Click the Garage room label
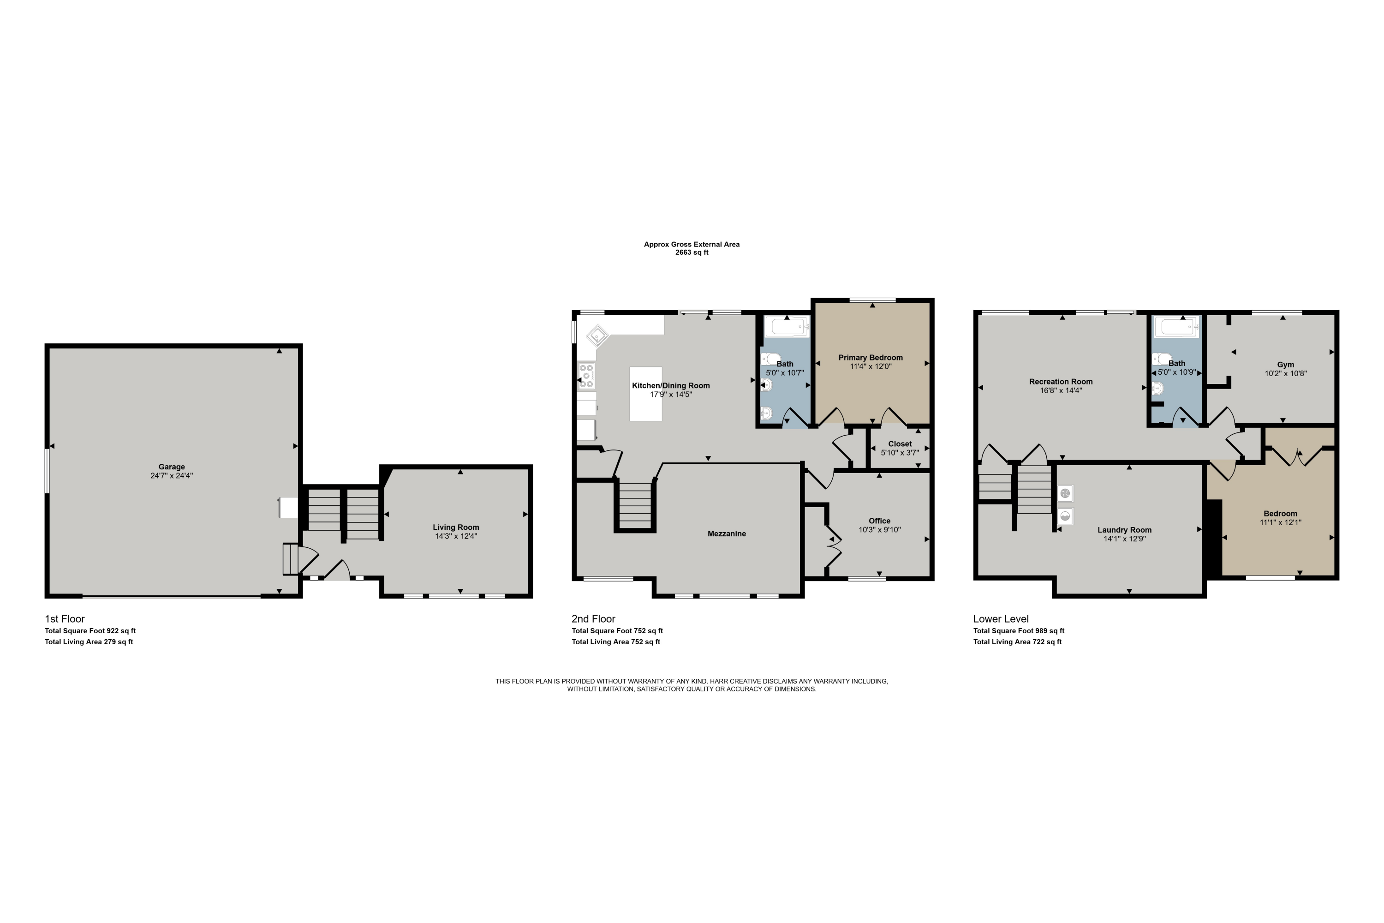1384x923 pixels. [171, 467]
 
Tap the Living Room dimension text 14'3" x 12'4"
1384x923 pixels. [455, 536]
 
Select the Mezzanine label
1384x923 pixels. [726, 534]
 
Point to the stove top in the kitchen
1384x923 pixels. [586, 376]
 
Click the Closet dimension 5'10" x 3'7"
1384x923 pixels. [900, 453]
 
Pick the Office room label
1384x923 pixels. [879, 521]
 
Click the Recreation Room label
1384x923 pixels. [1060, 382]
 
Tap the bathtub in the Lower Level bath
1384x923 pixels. [1176, 327]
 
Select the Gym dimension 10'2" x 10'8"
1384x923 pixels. [1286, 373]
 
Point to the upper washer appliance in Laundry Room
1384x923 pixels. [1065, 493]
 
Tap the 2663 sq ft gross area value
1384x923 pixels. [692, 252]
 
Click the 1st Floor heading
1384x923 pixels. [65, 619]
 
